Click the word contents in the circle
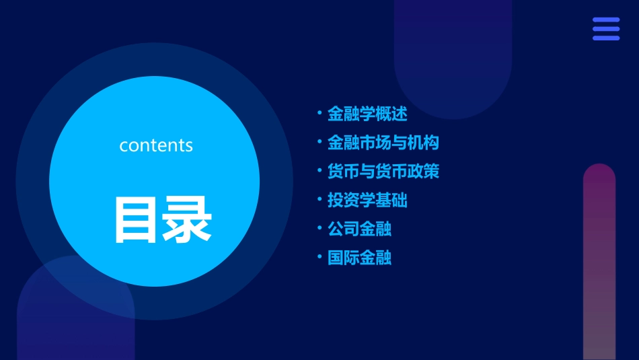tap(156, 145)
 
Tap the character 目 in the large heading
tap(138, 219)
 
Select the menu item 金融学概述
tap(367, 114)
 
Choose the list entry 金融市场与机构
tap(383, 143)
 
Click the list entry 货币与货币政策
tap(383, 172)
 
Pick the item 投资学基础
tap(367, 200)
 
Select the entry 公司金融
tap(359, 229)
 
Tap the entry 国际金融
tap(359, 258)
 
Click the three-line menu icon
tap(606, 29)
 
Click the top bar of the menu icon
tap(606, 20)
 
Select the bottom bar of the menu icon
tap(606, 38)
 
